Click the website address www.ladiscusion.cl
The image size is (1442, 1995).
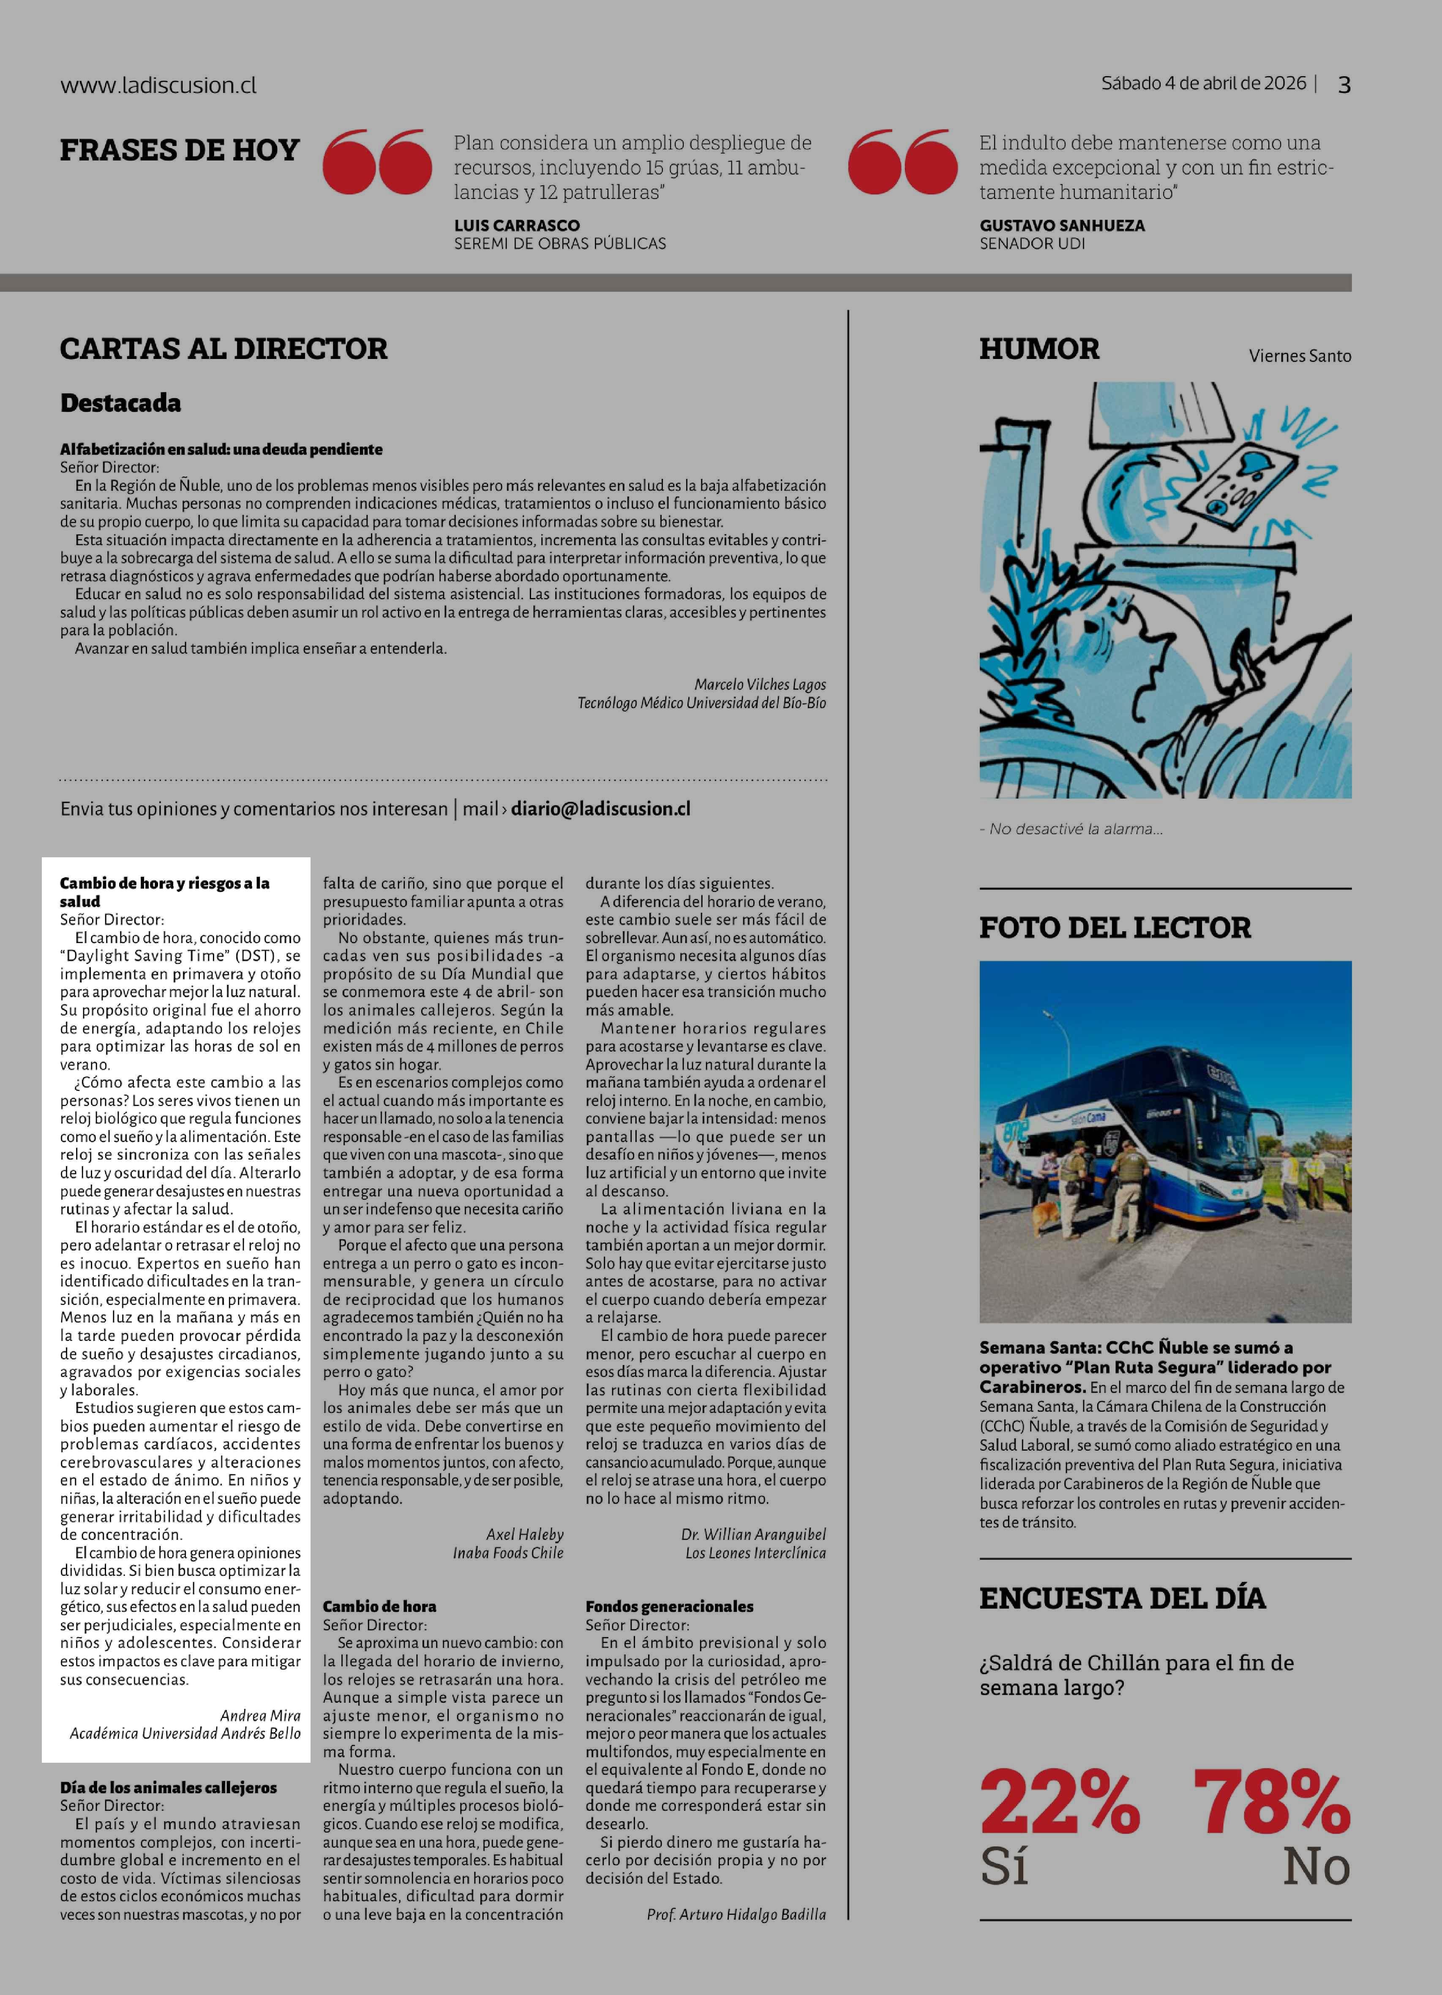pos(158,85)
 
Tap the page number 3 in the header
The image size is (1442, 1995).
pos(1344,84)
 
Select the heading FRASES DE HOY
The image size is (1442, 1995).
pos(180,150)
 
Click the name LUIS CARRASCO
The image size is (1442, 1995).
pos(516,225)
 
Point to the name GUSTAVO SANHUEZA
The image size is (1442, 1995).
pos(1062,225)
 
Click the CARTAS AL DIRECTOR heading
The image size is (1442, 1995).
pos(224,348)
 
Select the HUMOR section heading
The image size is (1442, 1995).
pos(1039,348)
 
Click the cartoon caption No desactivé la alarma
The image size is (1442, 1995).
pos(1071,829)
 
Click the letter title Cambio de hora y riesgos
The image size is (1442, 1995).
pos(164,891)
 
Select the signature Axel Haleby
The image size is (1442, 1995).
pos(524,1534)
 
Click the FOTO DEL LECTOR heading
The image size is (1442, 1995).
pos(1115,927)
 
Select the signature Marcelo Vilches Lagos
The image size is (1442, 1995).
pos(759,684)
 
